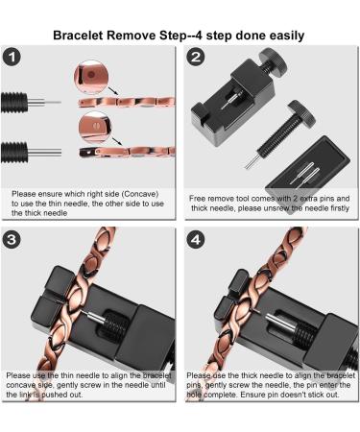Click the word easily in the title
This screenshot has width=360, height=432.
coord(280,36)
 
